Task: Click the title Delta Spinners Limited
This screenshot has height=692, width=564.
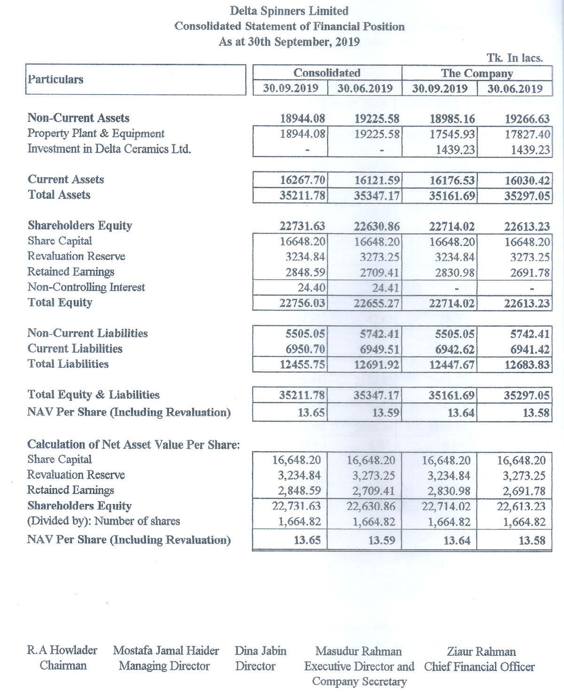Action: [289, 11]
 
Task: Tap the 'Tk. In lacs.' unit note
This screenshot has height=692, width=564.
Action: [515, 58]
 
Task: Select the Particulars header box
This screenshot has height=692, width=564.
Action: [135, 79]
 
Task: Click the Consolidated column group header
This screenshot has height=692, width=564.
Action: [327, 73]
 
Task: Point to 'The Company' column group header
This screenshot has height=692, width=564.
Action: [477, 73]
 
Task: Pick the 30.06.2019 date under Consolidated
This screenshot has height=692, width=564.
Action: [365, 88]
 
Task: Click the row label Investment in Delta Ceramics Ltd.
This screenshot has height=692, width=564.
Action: [109, 149]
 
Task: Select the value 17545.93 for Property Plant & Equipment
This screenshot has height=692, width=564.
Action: [452, 134]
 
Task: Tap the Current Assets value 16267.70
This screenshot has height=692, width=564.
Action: [302, 180]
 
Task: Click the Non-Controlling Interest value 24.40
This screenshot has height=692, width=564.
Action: [312, 288]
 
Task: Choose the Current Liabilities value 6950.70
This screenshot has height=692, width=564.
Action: [305, 349]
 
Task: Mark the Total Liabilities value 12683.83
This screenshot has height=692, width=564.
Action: [527, 365]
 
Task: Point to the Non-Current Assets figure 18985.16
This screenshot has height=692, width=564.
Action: [452, 119]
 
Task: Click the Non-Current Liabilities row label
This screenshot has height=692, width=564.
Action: [87, 333]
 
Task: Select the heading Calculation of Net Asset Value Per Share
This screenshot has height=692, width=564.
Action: [133, 445]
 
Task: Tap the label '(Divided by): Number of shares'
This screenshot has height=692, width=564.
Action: [103, 521]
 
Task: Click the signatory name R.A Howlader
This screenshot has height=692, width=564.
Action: [62, 651]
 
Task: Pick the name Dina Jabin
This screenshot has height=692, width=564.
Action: [260, 651]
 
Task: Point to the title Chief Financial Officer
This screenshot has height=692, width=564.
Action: [479, 667]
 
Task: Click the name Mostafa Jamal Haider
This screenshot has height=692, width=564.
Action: [166, 651]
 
